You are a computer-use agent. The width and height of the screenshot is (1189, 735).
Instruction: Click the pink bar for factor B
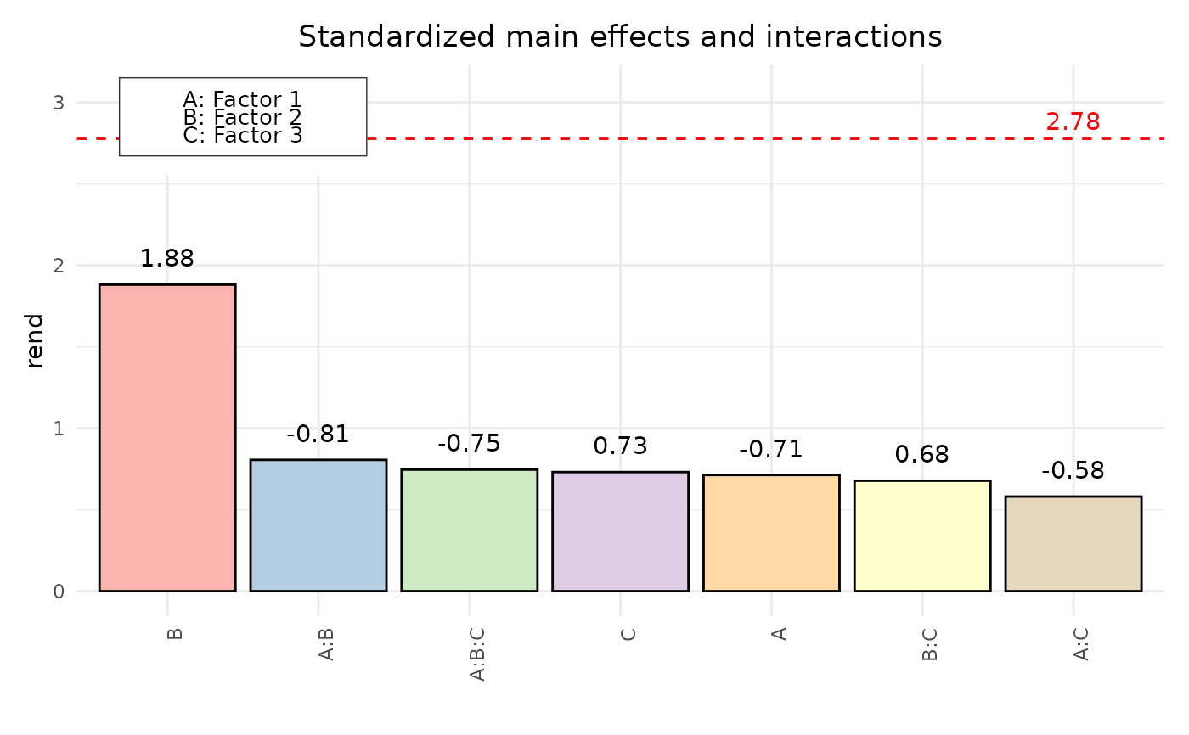pos(167,438)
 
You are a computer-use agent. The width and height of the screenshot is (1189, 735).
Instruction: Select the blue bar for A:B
pos(318,525)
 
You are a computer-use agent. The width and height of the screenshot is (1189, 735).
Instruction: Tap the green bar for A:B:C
pos(469,530)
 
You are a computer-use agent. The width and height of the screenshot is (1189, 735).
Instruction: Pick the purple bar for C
pos(620,531)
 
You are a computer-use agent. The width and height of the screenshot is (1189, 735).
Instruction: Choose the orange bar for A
pos(771,533)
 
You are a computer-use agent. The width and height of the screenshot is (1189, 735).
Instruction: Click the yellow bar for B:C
pos(922,536)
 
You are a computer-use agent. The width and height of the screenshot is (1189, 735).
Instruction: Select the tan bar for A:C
pos(1073,543)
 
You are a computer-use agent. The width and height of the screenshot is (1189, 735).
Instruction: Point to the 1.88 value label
pos(167,259)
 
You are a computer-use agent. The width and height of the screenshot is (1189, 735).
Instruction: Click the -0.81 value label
pos(318,435)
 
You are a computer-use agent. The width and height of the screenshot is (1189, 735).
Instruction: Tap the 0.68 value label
pos(922,455)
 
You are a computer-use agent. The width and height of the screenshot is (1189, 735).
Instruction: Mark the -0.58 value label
pos(1073,471)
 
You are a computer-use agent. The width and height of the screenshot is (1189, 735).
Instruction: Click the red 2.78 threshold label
pos(1073,122)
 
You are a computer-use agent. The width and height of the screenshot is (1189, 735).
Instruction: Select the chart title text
pos(620,37)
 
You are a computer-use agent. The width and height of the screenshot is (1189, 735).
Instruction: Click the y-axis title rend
pos(35,340)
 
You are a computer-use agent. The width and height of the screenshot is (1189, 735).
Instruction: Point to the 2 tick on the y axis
pos(59,266)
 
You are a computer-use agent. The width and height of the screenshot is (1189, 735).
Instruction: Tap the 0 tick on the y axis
pos(59,592)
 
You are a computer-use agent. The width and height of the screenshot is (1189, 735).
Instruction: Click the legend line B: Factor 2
pos(243,118)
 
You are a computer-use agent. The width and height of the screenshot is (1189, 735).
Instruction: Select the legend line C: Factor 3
pos(243,135)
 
